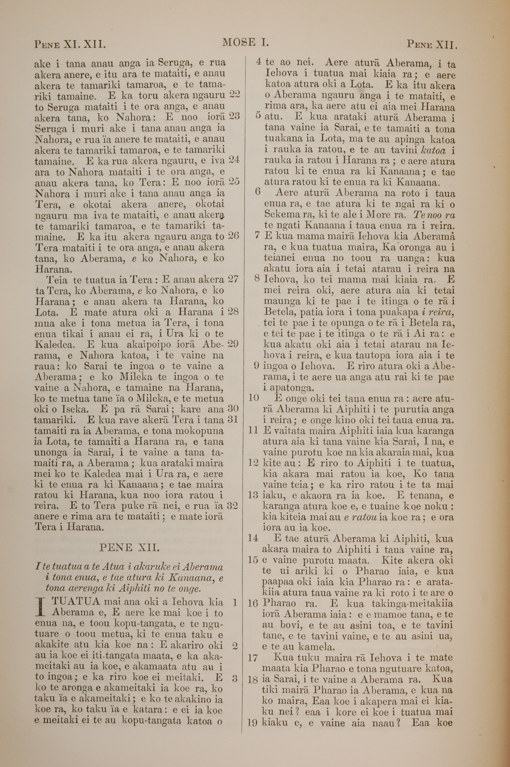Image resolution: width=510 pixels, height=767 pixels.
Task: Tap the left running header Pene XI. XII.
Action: [x=70, y=44]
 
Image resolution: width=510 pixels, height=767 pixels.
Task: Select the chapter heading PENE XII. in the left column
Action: [x=129, y=548]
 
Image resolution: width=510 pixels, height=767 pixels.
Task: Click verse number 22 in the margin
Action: [x=234, y=94]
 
